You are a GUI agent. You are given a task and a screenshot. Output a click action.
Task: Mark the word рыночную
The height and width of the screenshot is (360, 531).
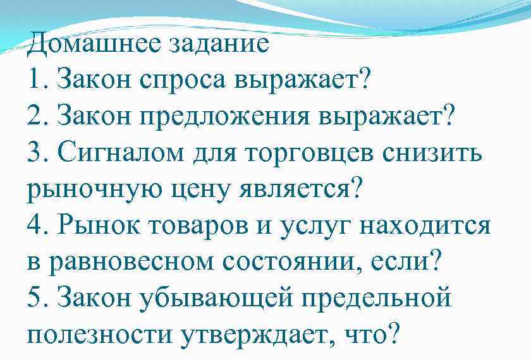[95, 188]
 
